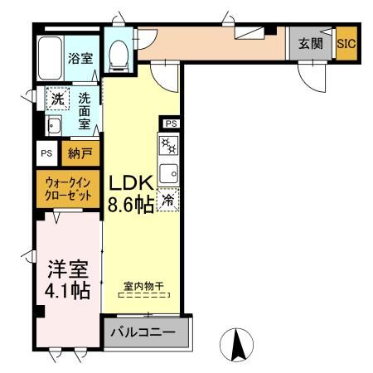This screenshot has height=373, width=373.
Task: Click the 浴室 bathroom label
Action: point(80,59)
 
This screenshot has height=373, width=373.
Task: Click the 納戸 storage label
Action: point(80,154)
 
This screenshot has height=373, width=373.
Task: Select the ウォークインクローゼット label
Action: point(68,188)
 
